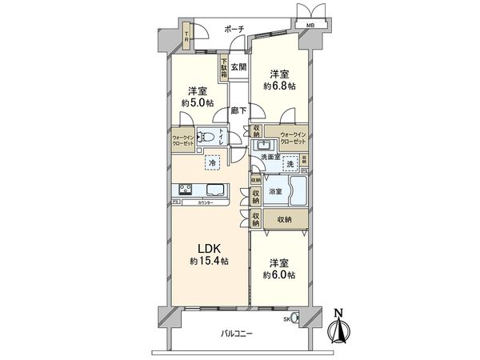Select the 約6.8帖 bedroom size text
279,84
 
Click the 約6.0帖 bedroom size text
279,274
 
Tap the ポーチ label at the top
234,28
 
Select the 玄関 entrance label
238,67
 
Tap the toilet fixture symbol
206,137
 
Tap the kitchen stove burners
183,190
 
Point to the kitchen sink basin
216,190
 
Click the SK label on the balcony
287,320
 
